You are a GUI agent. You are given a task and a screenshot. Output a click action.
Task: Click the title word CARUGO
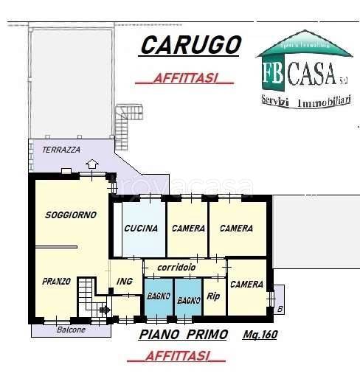click(191, 46)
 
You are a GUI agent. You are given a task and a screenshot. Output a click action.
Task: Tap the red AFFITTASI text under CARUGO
click(184, 79)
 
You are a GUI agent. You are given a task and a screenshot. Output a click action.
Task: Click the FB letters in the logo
click(274, 73)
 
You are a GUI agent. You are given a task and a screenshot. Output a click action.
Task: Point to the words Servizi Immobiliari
click(305, 101)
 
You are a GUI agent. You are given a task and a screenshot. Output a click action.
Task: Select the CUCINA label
click(141, 229)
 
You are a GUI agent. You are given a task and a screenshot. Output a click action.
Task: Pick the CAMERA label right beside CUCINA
click(188, 229)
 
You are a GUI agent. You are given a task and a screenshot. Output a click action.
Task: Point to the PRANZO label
click(56, 281)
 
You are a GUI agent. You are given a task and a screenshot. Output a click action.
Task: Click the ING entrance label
click(124, 281)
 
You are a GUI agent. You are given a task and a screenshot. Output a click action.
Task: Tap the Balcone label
click(71, 330)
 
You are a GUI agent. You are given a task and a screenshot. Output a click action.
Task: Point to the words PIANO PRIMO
click(177, 335)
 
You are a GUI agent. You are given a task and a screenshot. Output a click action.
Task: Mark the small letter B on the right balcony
click(279, 310)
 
